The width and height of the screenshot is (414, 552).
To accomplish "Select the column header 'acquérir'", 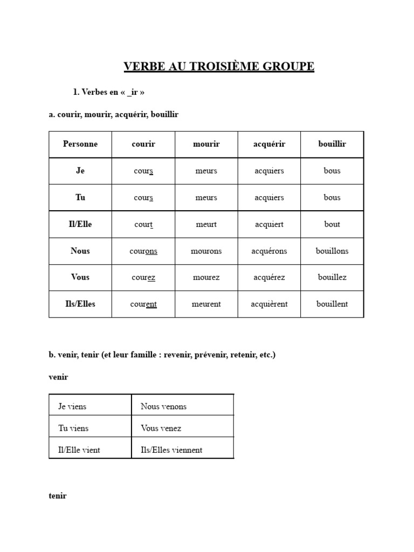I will click(x=269, y=144).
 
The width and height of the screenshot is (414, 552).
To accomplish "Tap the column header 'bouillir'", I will click(x=332, y=144).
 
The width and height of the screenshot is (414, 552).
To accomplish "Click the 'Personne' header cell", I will click(x=80, y=144).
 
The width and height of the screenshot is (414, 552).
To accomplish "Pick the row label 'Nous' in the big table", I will click(x=80, y=251).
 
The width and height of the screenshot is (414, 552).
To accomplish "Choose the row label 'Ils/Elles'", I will click(x=80, y=304).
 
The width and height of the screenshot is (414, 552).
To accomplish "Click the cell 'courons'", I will click(x=143, y=251).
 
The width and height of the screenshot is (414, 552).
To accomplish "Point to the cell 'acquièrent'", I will click(x=269, y=304).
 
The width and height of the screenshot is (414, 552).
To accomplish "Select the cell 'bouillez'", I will click(x=332, y=278).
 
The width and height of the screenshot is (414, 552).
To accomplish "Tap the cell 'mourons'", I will click(x=206, y=251).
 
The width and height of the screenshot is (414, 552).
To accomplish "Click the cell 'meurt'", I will click(x=206, y=224).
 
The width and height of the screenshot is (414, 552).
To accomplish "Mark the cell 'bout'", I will click(x=332, y=224).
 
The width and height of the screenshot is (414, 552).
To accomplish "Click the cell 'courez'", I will click(x=143, y=278).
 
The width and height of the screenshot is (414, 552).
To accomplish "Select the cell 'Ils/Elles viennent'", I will click(x=171, y=450).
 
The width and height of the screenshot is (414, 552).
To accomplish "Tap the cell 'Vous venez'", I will click(x=161, y=429).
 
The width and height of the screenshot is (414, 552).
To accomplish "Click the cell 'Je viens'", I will click(x=72, y=406).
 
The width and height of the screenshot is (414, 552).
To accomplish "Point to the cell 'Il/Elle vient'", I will click(x=79, y=450).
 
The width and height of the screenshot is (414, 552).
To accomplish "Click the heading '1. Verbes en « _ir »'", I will click(x=108, y=92).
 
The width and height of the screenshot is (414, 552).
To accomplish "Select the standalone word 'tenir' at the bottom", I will click(x=58, y=496).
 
